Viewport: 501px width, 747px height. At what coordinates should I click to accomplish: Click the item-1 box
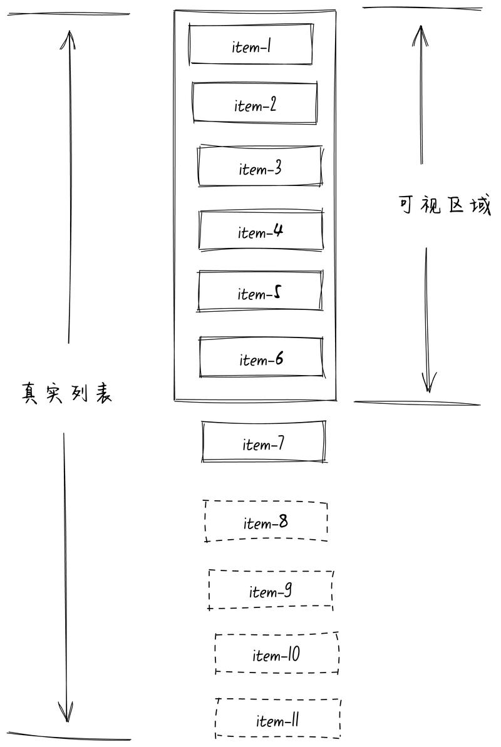250,44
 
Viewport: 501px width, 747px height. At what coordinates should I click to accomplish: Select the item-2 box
254,103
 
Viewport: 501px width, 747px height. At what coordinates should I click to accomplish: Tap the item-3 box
261,166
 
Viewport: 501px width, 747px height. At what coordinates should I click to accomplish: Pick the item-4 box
261,230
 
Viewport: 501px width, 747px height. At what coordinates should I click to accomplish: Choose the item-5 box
260,291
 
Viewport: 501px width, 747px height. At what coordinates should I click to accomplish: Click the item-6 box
261,357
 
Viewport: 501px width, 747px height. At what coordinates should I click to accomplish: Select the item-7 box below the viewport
264,441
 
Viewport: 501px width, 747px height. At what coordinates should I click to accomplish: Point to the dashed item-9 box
271,590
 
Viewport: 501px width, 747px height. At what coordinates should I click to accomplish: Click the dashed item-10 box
277,653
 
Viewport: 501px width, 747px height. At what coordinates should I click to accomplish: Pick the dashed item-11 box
279,719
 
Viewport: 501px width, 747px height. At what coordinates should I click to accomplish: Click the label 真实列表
66,393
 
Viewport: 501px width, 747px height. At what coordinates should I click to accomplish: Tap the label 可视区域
444,205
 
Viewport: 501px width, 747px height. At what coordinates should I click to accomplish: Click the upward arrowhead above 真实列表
70,39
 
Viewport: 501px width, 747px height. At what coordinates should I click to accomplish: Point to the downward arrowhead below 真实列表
66,712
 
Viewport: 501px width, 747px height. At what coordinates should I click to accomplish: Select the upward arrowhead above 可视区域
420,35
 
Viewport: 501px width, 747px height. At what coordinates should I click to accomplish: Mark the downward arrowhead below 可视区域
428,382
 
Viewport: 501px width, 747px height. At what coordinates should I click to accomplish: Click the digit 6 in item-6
279,358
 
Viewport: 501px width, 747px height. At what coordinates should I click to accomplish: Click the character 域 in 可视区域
480,206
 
